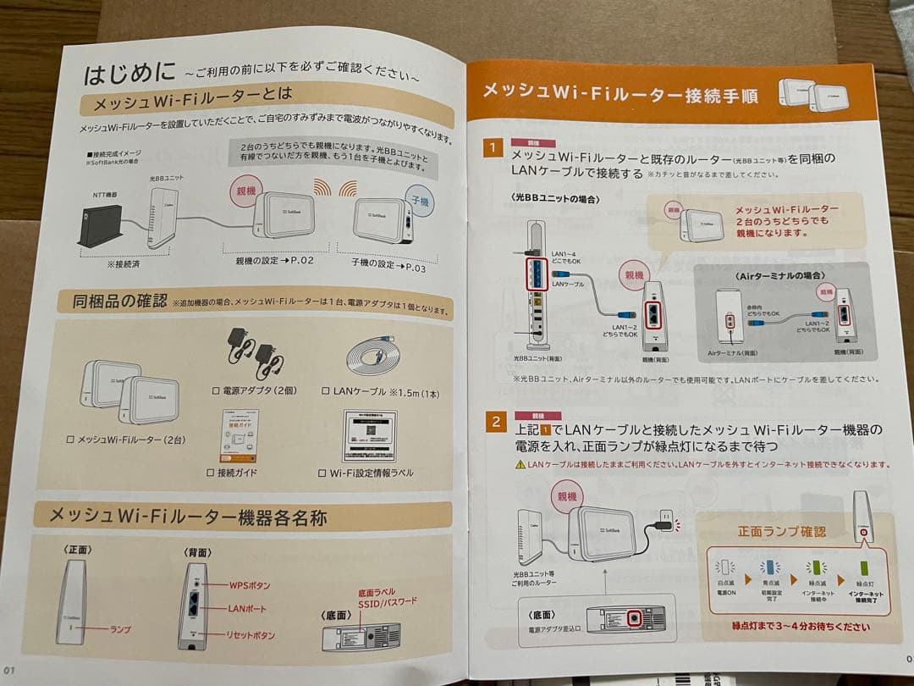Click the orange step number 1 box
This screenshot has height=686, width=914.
(x=493, y=147)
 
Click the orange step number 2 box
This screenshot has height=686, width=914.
(x=494, y=422)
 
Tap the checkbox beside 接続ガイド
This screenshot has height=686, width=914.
(x=212, y=471)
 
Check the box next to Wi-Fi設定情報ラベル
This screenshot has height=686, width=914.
(x=322, y=473)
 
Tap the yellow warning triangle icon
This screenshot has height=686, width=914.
(x=519, y=465)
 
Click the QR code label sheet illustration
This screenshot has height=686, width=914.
(x=370, y=435)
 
